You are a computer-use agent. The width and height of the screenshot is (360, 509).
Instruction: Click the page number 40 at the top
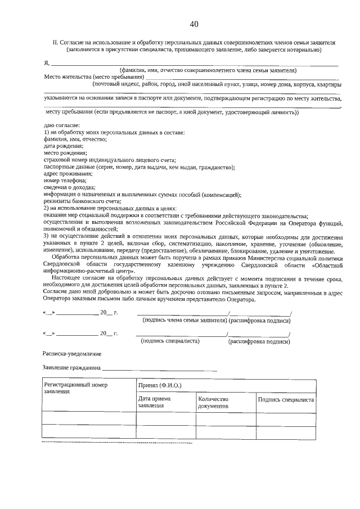tap(194, 24)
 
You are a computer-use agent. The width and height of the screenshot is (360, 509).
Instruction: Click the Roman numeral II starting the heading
tap(55, 42)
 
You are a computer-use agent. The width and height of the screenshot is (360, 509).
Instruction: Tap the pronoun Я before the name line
tap(46, 62)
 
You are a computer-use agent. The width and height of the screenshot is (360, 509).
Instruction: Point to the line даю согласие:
tap(61, 125)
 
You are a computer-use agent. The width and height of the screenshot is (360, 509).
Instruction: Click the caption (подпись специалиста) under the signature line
tap(170, 341)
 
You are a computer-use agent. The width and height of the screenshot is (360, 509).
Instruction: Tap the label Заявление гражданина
tap(72, 368)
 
